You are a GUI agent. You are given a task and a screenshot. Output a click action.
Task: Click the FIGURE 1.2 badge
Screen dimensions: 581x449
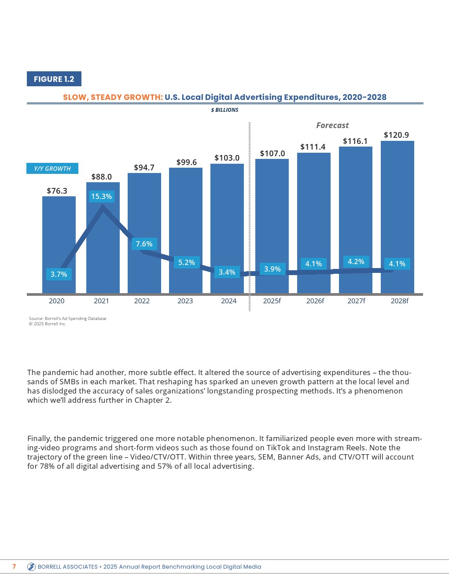point(54,79)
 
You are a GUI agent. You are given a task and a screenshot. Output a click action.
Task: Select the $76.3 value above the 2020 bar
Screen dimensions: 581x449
point(57,191)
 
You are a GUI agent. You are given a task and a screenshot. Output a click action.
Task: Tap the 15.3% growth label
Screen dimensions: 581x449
point(102,196)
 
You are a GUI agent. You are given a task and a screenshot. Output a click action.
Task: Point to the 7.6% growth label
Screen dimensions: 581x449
point(144,244)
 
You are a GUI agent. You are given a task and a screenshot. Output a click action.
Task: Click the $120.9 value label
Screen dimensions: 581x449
point(396,135)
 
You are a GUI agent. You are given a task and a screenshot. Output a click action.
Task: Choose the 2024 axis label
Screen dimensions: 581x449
point(228,301)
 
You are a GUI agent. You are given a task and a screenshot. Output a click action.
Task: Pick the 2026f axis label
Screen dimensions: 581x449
point(315,301)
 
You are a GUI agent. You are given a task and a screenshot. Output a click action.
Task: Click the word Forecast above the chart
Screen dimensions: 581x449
point(332,125)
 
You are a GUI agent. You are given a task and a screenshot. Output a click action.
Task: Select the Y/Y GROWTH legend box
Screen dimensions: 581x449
point(52,169)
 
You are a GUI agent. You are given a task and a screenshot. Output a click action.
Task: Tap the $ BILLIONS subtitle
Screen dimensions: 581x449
point(224,110)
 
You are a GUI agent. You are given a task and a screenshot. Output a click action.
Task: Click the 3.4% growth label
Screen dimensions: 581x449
point(227,272)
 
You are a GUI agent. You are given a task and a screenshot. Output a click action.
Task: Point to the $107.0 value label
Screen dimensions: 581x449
point(272,153)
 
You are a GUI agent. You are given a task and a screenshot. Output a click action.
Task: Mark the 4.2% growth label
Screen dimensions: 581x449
point(356,261)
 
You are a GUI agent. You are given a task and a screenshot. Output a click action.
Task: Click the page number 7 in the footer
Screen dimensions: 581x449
point(14,566)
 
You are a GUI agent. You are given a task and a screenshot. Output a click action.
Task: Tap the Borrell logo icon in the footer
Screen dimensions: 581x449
point(31,567)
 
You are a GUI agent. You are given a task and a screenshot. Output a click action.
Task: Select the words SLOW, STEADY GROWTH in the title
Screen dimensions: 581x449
point(113,97)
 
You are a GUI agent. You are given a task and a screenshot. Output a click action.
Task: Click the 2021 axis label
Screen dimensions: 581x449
point(101,301)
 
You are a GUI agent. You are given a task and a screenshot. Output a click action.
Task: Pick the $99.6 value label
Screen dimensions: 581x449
point(187,162)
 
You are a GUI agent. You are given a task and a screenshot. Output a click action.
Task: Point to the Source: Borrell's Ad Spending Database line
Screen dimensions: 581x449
point(67,318)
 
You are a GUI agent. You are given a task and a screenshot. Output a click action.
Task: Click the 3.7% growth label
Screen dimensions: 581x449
point(59,274)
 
